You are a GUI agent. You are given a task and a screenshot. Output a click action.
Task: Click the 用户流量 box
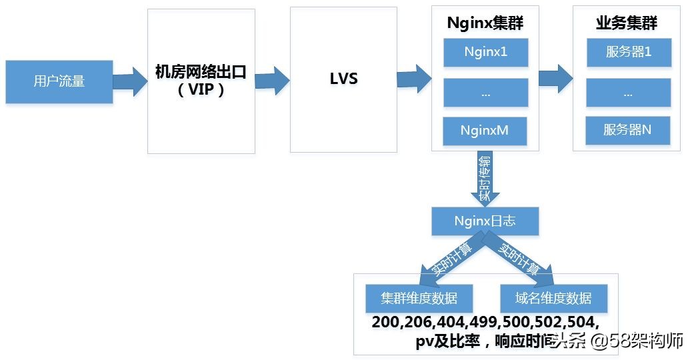pos(59,82)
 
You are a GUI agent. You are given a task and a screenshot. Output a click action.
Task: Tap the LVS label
pos(343,79)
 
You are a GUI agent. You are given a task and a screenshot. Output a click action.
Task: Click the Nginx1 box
pos(485,52)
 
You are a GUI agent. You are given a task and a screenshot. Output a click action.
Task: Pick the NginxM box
pos(485,131)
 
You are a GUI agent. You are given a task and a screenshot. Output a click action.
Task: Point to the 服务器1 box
pos(627,52)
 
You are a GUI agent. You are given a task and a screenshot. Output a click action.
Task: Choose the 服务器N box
pos(627,131)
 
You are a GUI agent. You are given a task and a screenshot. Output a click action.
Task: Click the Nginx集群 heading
pos(485,23)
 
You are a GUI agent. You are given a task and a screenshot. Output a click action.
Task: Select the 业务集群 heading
pos(627,23)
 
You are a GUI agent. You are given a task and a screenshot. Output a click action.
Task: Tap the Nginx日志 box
pos(485,221)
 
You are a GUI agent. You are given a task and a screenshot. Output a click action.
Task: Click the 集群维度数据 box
pos(419,298)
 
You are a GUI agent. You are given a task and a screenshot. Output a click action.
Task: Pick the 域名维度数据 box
pos(553,298)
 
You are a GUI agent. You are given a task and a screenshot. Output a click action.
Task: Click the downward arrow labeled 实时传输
pos(485,179)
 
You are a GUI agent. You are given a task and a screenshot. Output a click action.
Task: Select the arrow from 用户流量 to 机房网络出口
pos(130,81)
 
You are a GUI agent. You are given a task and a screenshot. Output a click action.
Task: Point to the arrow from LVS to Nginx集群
pos(413,79)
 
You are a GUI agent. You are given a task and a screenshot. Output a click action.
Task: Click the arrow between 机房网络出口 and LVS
pos(272,79)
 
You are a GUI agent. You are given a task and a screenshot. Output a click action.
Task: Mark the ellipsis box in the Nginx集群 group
pos(485,93)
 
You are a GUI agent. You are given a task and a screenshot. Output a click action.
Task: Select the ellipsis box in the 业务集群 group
pos(627,93)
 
